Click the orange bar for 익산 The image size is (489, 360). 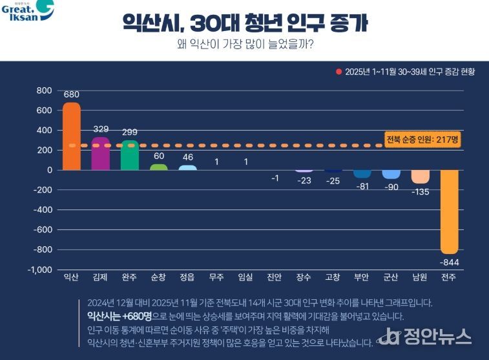[72, 136]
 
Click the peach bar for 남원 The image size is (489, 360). [420, 176]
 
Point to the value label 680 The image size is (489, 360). [72, 94]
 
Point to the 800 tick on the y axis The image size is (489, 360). [43, 90]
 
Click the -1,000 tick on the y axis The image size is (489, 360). [39, 270]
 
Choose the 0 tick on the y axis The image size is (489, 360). [48, 170]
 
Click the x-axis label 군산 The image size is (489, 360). [391, 277]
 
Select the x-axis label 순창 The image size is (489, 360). [158, 277]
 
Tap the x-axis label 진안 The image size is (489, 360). [275, 277]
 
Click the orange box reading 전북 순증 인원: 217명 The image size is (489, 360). [422, 139]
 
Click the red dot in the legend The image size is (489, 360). [338, 72]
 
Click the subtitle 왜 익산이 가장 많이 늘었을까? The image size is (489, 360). [245, 45]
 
